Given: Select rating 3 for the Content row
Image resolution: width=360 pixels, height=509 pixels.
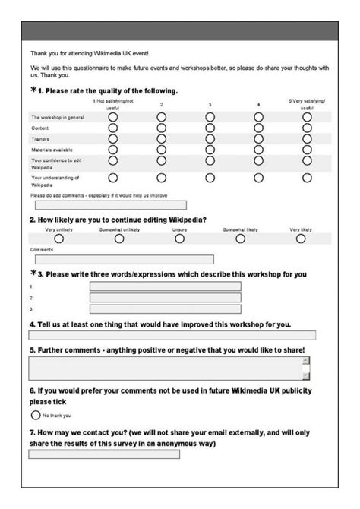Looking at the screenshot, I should (x=210, y=128).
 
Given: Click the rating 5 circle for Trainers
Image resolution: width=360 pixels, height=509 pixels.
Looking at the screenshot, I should (x=307, y=139).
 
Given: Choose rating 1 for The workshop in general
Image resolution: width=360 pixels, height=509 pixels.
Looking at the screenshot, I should (x=113, y=118).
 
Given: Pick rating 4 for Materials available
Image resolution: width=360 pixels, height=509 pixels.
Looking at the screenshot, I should (x=258, y=150).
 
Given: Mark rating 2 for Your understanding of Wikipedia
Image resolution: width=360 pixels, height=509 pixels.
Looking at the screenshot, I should (x=161, y=178).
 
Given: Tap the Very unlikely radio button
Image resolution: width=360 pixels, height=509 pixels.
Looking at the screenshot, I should (x=59, y=238).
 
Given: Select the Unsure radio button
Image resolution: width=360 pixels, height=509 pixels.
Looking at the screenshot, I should (x=180, y=238).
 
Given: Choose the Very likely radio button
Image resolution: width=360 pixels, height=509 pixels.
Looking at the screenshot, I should (x=301, y=238).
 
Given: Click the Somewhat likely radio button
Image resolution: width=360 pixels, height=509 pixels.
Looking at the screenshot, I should (x=240, y=238).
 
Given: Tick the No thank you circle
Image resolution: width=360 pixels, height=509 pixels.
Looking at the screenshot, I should (x=35, y=416).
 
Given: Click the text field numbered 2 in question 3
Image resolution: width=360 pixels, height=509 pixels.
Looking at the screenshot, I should (x=165, y=298).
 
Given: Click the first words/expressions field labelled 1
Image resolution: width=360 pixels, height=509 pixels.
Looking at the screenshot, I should (x=165, y=286).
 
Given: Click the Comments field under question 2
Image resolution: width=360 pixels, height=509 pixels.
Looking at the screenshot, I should (x=122, y=259).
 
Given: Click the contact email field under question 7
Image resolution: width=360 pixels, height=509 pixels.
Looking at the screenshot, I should (x=104, y=454).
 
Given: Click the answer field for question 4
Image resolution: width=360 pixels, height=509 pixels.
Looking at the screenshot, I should (x=172, y=335).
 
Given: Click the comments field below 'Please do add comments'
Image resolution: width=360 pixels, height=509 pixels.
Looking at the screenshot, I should (x=107, y=204).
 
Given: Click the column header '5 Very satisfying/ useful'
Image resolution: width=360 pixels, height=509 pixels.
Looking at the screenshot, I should (x=306, y=105).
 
